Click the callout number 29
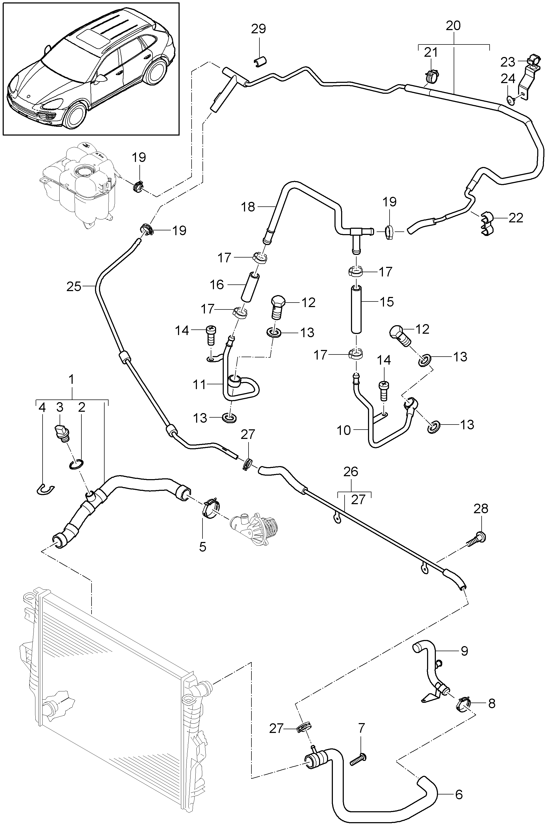(258, 29)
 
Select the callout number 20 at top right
(453, 26)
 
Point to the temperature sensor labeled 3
(62, 432)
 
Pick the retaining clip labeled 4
(45, 489)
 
